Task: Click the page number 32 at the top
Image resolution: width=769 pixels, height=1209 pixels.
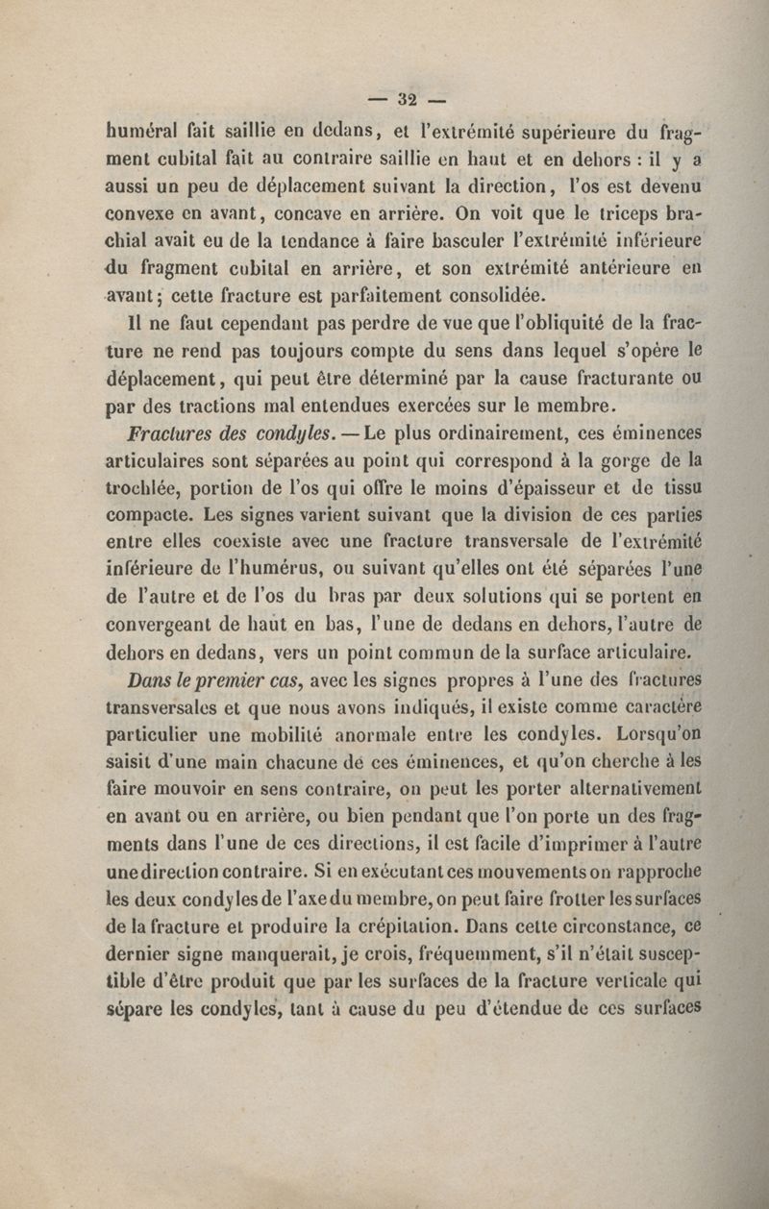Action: coord(405,97)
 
